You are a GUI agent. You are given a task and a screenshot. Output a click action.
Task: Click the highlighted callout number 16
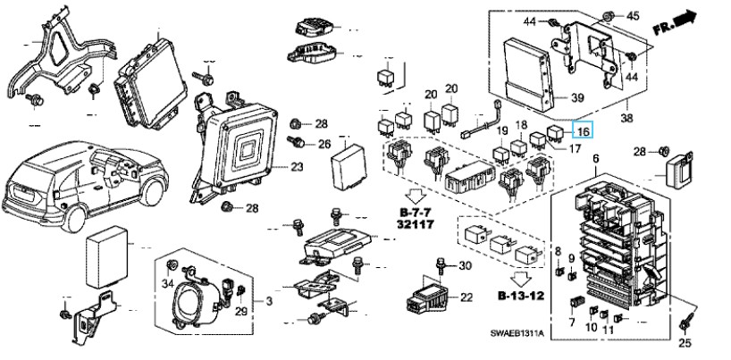click(x=584, y=130)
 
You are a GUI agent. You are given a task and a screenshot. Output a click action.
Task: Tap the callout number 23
click(x=297, y=167)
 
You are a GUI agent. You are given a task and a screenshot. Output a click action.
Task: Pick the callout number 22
click(x=466, y=297)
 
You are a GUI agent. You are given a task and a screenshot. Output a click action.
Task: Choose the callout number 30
click(x=465, y=266)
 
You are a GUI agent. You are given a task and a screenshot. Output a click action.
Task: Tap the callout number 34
click(x=167, y=284)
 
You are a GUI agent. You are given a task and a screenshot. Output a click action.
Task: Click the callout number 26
click(x=323, y=144)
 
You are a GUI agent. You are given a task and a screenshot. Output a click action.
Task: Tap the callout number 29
click(x=240, y=310)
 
